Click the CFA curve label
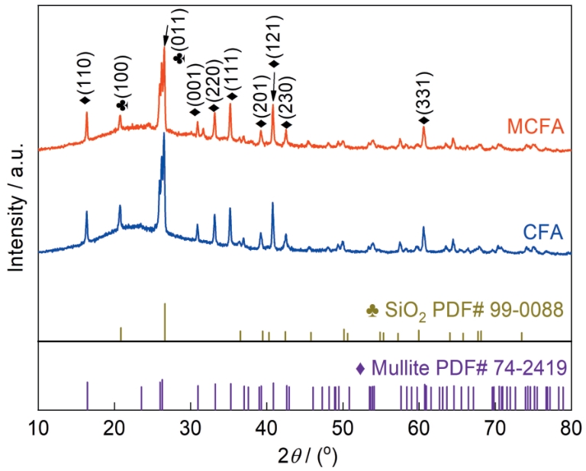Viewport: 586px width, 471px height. tap(544, 231)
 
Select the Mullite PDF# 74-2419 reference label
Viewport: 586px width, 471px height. tap(462, 368)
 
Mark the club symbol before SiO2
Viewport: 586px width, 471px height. tap(372, 311)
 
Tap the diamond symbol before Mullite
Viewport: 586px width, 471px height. tap(361, 369)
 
